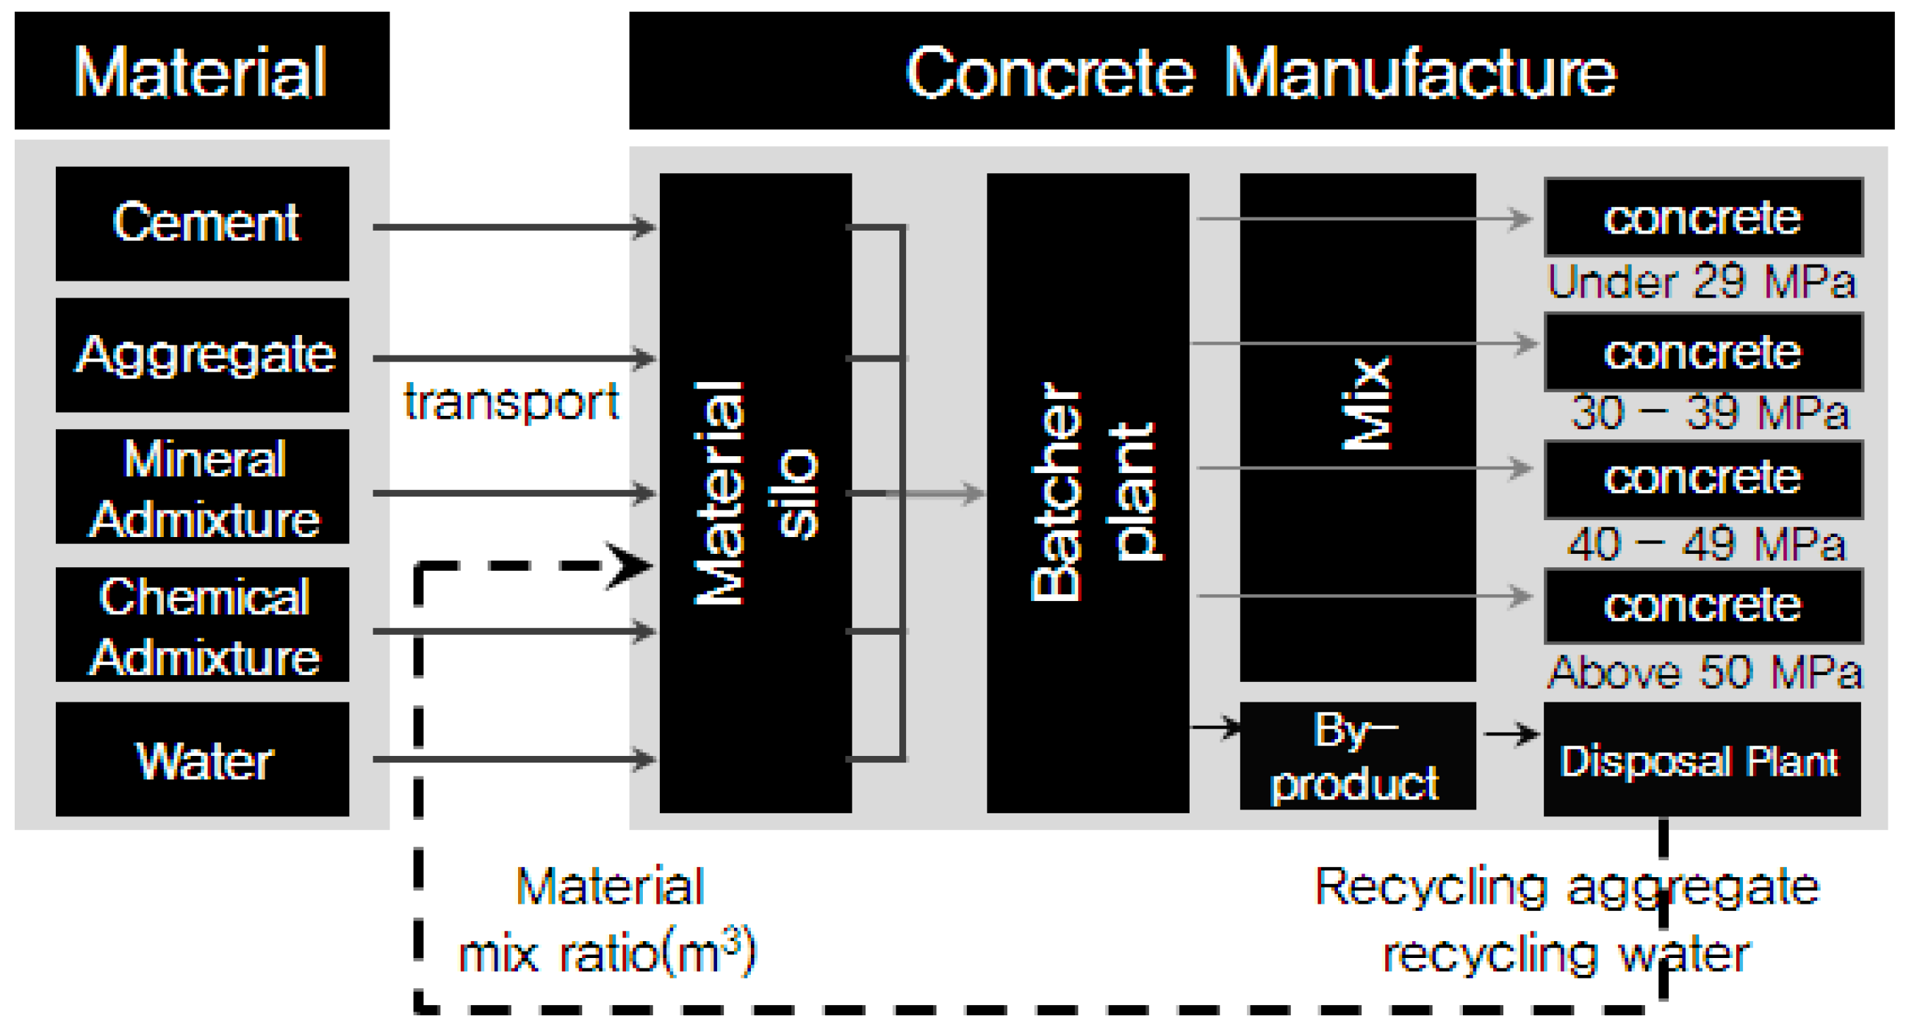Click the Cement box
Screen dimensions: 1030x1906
click(x=202, y=223)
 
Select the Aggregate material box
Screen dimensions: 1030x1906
click(x=202, y=354)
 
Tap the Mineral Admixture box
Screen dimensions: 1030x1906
click(x=202, y=486)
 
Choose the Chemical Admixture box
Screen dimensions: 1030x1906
click(x=202, y=624)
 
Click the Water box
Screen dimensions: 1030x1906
click(x=202, y=759)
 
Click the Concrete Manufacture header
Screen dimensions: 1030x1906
click(x=1261, y=71)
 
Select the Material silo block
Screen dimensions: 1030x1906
click(x=755, y=493)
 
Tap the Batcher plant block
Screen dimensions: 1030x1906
click(x=1087, y=493)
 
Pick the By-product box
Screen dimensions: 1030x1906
click(x=1357, y=756)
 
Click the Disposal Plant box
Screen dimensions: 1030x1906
click(x=1701, y=760)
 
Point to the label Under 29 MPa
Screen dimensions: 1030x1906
click(x=1702, y=282)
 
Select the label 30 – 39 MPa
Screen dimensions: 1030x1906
click(x=1709, y=412)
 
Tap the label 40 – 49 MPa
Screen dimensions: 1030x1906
click(x=1706, y=544)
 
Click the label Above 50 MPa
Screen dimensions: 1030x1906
click(x=1705, y=672)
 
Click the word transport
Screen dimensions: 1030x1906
click(x=511, y=403)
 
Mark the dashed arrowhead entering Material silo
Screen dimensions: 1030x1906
click(x=629, y=566)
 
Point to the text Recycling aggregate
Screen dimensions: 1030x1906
click(x=1566, y=887)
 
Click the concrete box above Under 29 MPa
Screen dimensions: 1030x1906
click(x=1702, y=217)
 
